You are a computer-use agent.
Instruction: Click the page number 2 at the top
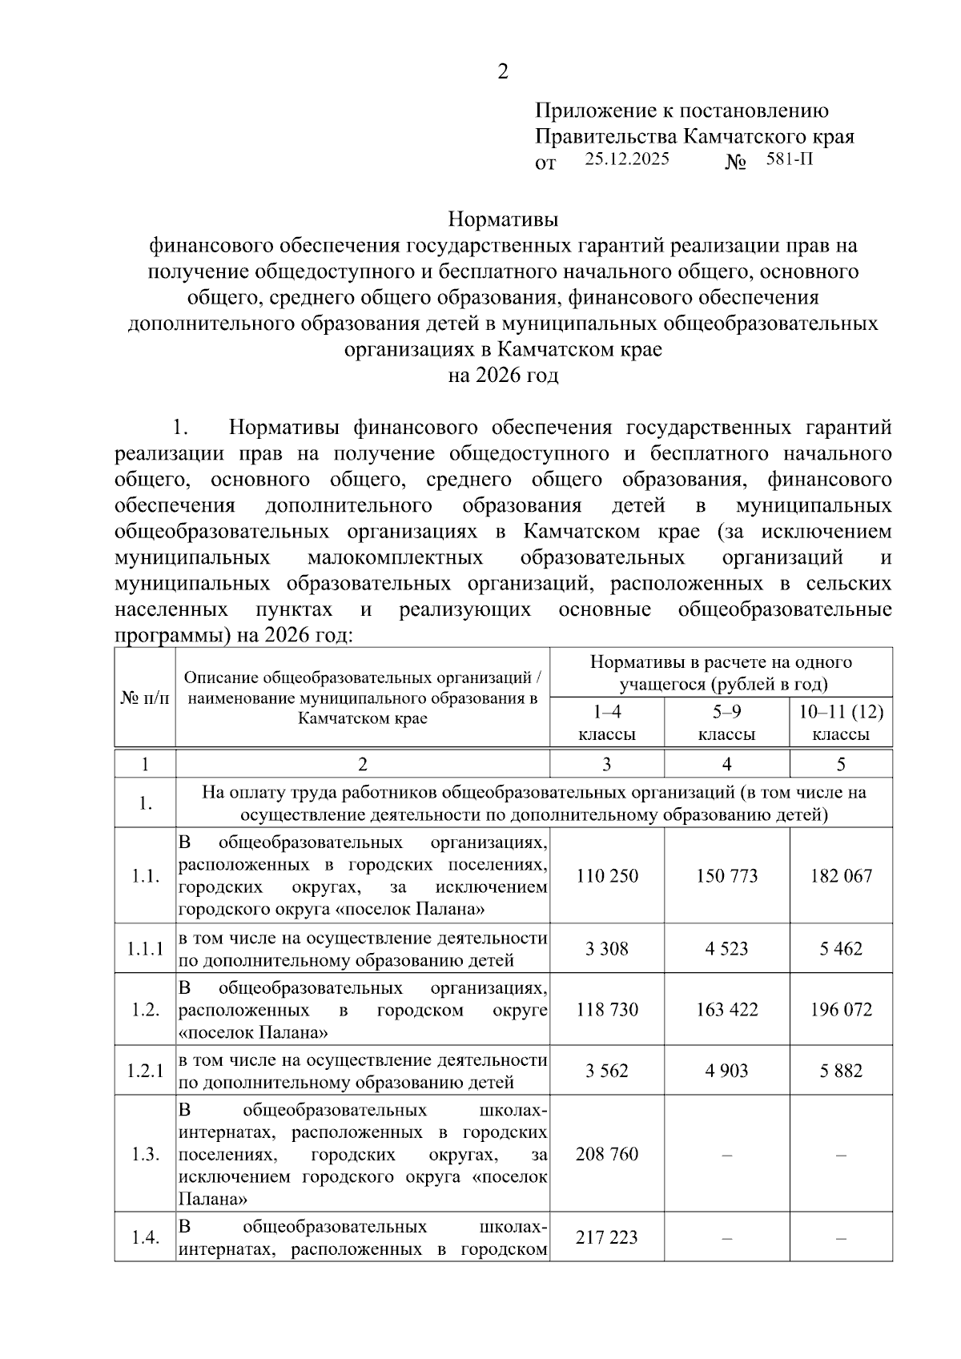pos(503,72)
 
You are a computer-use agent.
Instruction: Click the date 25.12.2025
pos(626,159)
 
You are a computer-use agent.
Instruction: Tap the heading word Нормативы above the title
pos(502,219)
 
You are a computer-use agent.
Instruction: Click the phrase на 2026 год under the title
pos(502,375)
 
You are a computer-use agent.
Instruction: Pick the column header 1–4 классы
pos(607,723)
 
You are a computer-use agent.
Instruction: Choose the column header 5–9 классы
pos(726,723)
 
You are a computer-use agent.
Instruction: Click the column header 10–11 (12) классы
pos(841,723)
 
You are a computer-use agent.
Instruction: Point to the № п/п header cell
pos(145,698)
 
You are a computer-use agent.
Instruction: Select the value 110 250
pos(607,875)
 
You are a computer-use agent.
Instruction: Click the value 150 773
pos(726,875)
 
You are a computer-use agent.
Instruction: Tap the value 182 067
pos(841,875)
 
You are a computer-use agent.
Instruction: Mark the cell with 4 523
pos(726,949)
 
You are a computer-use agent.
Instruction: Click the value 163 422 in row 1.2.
pos(726,1009)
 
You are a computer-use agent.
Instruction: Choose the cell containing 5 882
pos(841,1071)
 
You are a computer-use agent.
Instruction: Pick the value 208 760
pos(607,1154)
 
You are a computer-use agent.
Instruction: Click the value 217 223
pos(607,1237)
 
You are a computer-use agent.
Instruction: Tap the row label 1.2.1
pos(145,1071)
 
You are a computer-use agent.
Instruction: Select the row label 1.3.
pos(145,1154)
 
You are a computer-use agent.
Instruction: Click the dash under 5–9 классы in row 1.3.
pos(726,1155)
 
